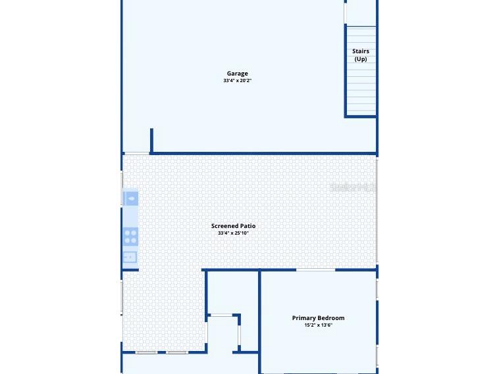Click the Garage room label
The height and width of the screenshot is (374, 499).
click(237, 74)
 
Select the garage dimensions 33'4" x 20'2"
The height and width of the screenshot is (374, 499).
click(237, 81)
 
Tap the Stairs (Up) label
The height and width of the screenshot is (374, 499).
click(361, 55)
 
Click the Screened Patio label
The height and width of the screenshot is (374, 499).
click(233, 225)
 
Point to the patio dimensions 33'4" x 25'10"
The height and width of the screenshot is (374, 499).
click(233, 233)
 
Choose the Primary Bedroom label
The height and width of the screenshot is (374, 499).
click(318, 317)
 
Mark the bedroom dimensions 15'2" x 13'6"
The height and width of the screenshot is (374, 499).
click(318, 325)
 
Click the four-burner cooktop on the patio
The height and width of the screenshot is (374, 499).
click(130, 236)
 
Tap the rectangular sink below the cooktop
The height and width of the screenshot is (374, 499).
click(130, 258)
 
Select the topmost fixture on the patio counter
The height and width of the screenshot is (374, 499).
click(130, 198)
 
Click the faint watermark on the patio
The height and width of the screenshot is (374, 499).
click(352, 187)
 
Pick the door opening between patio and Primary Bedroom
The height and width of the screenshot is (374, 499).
click(315, 269)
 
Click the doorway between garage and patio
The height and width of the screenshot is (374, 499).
click(136, 154)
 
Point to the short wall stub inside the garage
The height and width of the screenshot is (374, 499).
click(151, 140)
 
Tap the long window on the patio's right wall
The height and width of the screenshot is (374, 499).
click(377, 210)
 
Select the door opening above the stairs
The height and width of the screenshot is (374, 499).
click(345, 13)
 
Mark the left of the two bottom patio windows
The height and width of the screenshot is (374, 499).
click(145, 352)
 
